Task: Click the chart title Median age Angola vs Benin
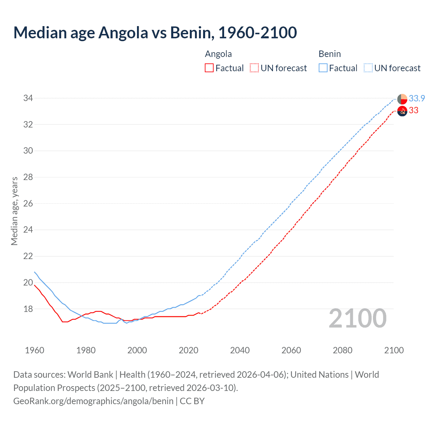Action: (155, 33)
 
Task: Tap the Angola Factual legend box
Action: (209, 68)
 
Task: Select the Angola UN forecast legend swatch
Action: (254, 68)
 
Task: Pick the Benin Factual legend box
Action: (323, 68)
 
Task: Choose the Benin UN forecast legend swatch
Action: (368, 68)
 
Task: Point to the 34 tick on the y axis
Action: (28, 98)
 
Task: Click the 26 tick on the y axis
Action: (28, 203)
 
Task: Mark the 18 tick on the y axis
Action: (28, 309)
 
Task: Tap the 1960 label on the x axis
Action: (35, 350)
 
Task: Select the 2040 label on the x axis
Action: (240, 350)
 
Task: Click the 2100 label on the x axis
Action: (394, 350)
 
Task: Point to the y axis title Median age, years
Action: (14, 211)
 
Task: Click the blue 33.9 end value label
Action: (417, 98)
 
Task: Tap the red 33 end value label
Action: (413, 110)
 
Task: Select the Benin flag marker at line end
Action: (402, 99)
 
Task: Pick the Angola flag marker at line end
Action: (402, 111)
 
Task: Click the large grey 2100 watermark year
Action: (357, 318)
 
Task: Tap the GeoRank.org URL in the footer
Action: (93, 401)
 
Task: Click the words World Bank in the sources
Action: (90, 375)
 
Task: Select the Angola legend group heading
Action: (218, 54)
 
